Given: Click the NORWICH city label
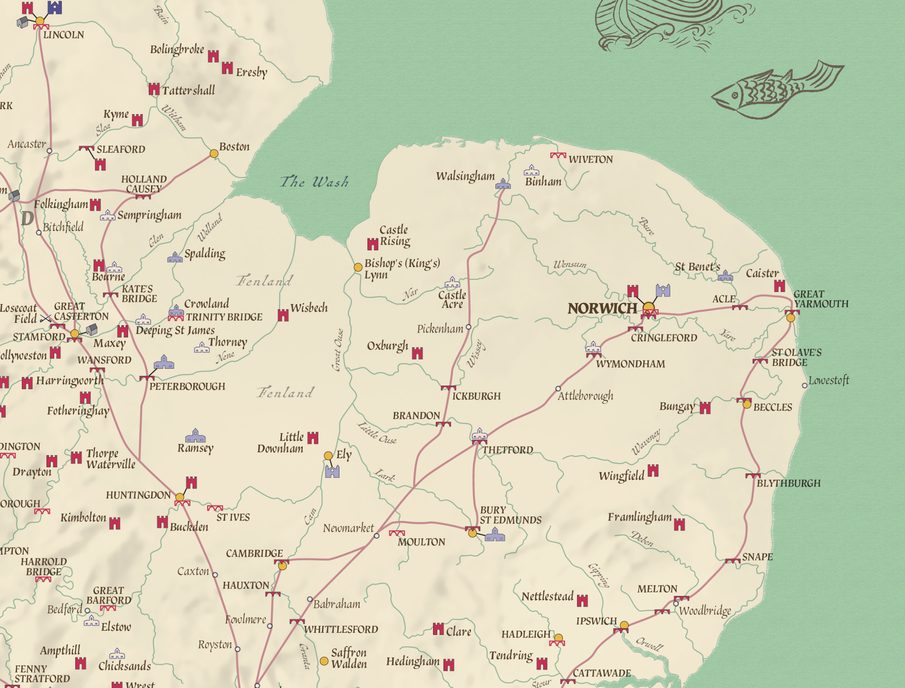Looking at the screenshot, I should (602, 308).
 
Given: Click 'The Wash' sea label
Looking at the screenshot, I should (314, 181).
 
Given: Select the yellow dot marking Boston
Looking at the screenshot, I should (214, 153).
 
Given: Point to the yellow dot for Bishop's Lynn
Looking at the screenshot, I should (358, 267).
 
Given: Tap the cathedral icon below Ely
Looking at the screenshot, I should (332, 472).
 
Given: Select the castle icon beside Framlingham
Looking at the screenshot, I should (679, 525).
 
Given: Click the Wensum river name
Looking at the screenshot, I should (570, 264).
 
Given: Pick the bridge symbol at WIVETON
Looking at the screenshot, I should (558, 156).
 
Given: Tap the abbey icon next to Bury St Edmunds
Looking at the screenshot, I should (495, 535).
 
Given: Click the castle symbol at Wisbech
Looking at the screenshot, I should (283, 315).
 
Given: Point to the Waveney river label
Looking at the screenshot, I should (646, 442).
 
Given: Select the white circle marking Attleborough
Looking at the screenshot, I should (558, 389).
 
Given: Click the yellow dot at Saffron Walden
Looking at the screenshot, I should (324, 661).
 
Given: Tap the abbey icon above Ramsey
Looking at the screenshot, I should (195, 436).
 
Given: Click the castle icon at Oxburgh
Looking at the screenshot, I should (417, 353).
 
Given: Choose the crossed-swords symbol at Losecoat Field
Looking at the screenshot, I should (46, 319).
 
